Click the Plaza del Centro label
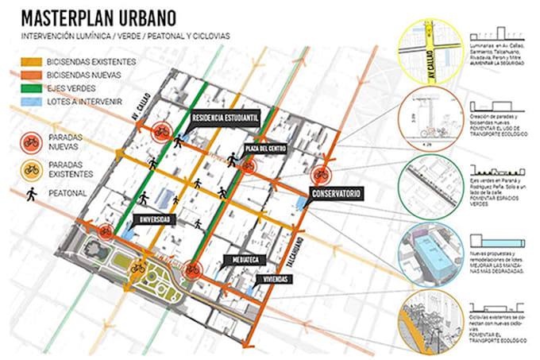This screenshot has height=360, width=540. [x=265, y=149]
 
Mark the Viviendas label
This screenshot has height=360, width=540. [x=274, y=279]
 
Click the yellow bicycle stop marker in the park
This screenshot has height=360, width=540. [x=138, y=268]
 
